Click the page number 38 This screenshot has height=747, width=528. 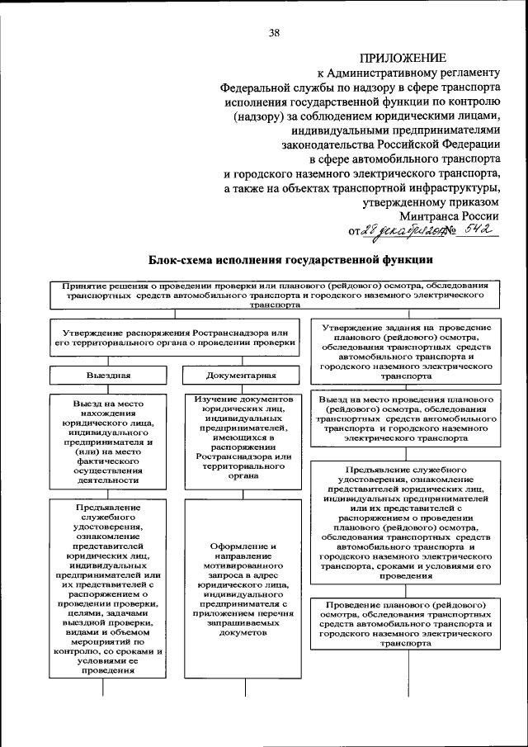click(275, 33)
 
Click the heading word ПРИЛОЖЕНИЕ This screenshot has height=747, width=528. click(403, 57)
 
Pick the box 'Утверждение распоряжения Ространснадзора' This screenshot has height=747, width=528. click(174, 337)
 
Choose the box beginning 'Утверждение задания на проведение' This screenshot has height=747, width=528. click(406, 350)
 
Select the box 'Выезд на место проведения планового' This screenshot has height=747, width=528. click(406, 418)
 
